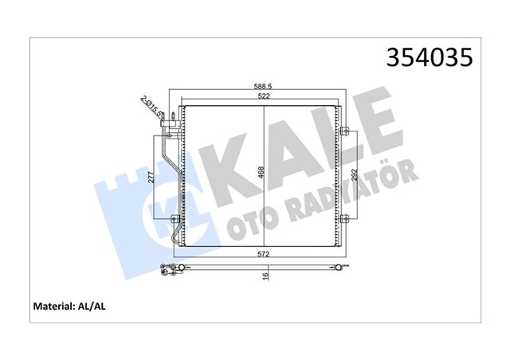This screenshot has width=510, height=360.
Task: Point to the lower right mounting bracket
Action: (x=343, y=220)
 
